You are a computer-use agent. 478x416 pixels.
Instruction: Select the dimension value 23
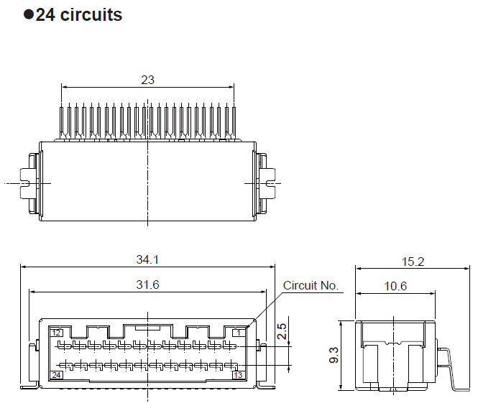147,80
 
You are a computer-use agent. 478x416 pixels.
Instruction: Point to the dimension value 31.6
147,285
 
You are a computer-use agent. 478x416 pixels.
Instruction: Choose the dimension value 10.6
395,286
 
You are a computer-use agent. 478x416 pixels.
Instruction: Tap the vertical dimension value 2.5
282,331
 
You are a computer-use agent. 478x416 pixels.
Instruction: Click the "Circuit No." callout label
311,285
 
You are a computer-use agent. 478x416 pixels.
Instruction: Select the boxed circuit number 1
238,332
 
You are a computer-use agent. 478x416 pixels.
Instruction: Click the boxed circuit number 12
56,332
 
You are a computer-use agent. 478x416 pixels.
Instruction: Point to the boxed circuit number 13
237,374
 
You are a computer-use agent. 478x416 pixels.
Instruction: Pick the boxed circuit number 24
56,374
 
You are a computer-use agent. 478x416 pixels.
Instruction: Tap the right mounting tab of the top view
265,183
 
